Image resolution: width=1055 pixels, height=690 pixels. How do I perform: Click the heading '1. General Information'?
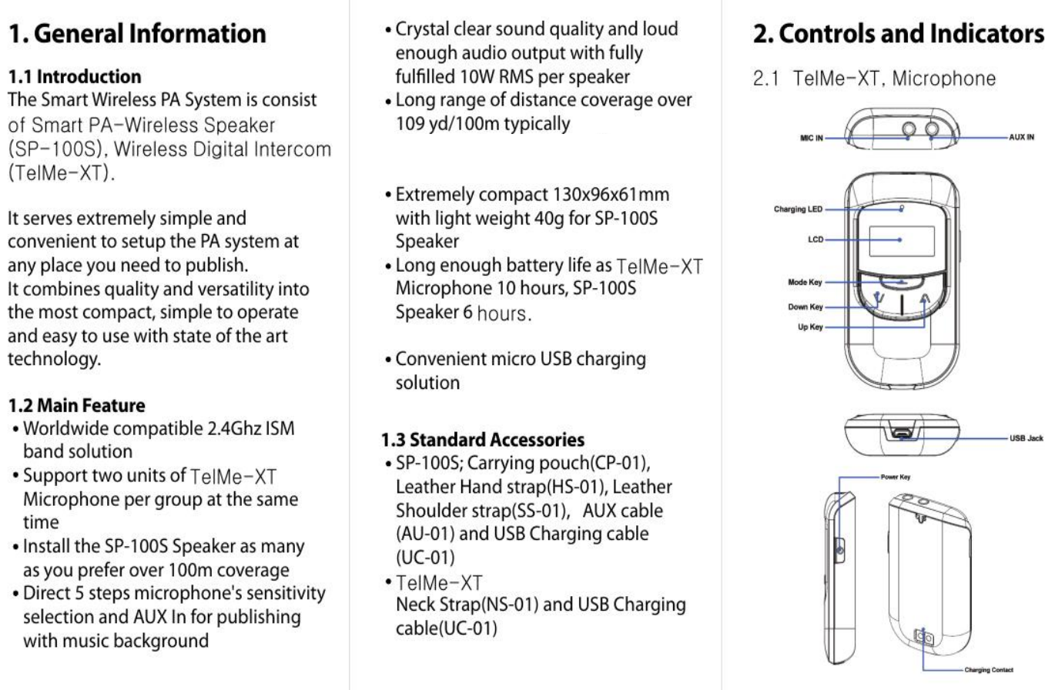coord(137,35)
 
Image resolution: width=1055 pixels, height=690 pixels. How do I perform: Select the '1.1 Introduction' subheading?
coord(75,77)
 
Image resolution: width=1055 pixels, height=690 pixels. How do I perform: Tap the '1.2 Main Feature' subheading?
coord(76,405)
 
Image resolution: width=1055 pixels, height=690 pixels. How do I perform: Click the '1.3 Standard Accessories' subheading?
coord(483,440)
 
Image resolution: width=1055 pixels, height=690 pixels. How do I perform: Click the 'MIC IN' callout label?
coord(809,139)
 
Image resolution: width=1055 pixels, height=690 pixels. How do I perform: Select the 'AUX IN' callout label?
coord(1021,138)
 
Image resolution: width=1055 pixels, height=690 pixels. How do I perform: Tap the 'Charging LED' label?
coord(798,209)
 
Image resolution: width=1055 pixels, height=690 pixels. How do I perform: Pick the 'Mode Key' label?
coord(805,283)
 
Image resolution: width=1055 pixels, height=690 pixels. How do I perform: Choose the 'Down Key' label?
coord(805,307)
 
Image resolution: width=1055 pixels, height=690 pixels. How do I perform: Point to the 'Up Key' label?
coord(810,327)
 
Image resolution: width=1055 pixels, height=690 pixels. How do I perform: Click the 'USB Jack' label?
coord(1026,438)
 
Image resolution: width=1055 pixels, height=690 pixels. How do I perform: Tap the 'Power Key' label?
coord(895,477)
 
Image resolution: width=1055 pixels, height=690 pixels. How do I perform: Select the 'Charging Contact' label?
coord(989,671)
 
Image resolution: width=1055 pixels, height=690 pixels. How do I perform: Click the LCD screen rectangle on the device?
coord(902,241)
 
